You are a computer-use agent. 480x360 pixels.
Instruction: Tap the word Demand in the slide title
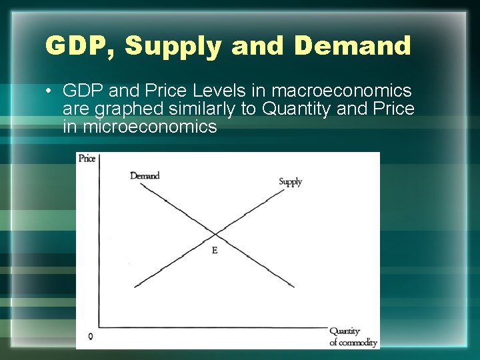(352, 46)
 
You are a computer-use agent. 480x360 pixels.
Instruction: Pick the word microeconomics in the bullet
(149, 126)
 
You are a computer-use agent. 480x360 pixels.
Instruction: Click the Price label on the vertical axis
(87, 159)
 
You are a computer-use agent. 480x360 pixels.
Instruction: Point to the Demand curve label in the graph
(145, 176)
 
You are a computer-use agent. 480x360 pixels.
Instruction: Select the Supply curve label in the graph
(290, 181)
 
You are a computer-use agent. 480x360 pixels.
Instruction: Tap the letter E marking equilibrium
(214, 250)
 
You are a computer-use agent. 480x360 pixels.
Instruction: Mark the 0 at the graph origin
(90, 337)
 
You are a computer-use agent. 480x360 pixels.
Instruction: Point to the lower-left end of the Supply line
(135, 287)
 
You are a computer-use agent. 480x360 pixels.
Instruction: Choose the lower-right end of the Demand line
(293, 287)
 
